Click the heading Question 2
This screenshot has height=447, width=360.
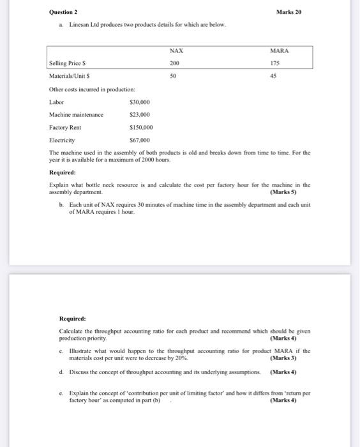click(x=66, y=11)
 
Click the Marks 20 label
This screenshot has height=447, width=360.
click(x=290, y=11)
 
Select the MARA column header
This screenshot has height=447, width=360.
click(x=280, y=50)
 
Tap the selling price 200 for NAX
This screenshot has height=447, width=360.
click(x=174, y=63)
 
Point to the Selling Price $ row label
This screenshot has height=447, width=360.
click(x=66, y=63)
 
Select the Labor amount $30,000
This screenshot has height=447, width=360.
click(x=140, y=102)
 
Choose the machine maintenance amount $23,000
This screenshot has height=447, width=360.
click(x=140, y=114)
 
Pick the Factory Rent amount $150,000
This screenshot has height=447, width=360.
click(x=141, y=127)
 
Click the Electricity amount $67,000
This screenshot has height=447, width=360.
click(x=140, y=139)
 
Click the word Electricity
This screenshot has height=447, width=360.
click(x=62, y=139)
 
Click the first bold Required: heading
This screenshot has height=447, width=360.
click(x=62, y=172)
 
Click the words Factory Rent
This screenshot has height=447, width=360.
click(x=65, y=127)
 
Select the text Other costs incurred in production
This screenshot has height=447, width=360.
click(x=92, y=89)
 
